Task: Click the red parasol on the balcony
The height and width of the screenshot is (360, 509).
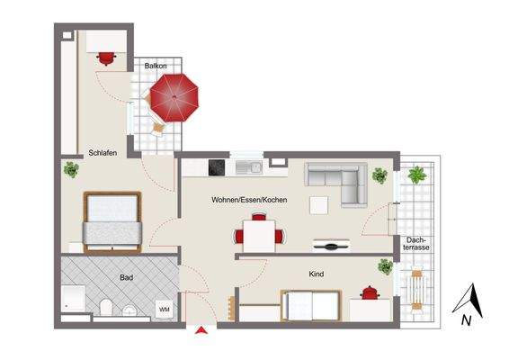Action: (174, 98)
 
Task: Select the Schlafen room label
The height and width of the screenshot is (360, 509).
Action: (103, 153)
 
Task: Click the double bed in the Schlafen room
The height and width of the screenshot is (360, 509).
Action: (113, 221)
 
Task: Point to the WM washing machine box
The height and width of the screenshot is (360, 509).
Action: (165, 309)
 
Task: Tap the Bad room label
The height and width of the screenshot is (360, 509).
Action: (127, 278)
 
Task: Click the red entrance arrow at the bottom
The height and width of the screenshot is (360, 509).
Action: (201, 331)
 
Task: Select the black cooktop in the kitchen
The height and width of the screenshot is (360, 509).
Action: (217, 167)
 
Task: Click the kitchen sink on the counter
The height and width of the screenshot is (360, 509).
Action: (255, 167)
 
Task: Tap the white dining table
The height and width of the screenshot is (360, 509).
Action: (259, 237)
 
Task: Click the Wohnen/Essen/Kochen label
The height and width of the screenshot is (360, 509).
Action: (249, 199)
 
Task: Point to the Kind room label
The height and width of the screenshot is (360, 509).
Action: (316, 274)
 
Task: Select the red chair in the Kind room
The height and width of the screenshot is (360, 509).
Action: (369, 292)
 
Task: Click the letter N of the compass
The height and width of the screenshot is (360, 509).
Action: (466, 319)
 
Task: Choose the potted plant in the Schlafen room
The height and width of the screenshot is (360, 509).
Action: (70, 168)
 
